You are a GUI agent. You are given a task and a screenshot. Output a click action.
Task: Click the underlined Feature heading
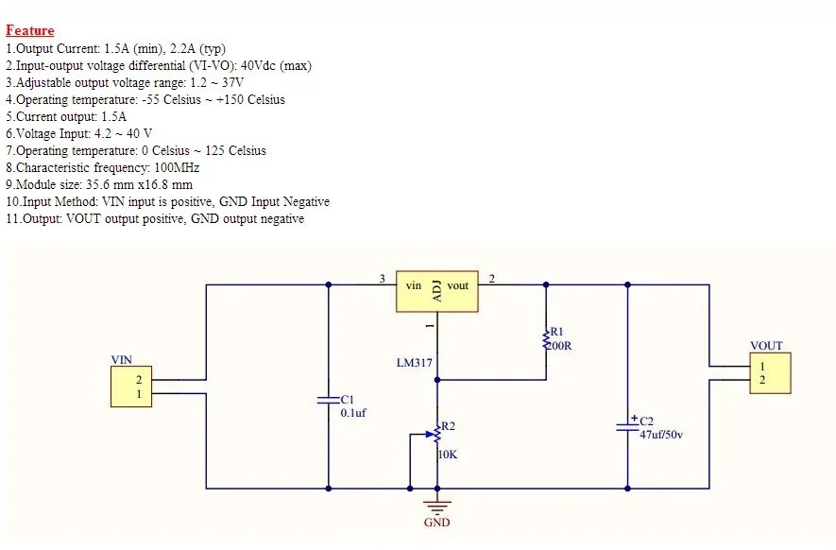pyautogui.click(x=30, y=30)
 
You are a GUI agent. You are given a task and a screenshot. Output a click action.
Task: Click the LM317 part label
pyautogui.click(x=414, y=363)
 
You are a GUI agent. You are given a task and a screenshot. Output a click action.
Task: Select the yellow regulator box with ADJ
pyautogui.click(x=437, y=287)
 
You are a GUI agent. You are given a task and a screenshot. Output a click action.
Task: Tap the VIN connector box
pyautogui.click(x=131, y=387)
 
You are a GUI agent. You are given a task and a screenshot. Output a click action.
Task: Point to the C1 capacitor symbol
pyautogui.click(x=328, y=401)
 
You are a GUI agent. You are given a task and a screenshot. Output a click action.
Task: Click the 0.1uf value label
pyautogui.click(x=353, y=413)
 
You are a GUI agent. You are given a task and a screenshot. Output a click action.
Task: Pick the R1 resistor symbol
pyautogui.click(x=545, y=338)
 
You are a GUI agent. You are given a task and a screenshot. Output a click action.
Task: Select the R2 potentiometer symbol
pyautogui.click(x=436, y=435)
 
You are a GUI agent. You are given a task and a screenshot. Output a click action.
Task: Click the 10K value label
pyautogui.click(x=449, y=455)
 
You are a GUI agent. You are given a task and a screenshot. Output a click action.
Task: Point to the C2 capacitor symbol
pyautogui.click(x=627, y=424)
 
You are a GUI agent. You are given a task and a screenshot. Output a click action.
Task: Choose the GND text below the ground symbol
pyautogui.click(x=436, y=523)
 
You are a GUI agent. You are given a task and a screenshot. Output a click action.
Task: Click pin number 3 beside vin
pyautogui.click(x=382, y=279)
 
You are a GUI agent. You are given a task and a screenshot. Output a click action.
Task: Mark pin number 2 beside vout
pyautogui.click(x=491, y=279)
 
